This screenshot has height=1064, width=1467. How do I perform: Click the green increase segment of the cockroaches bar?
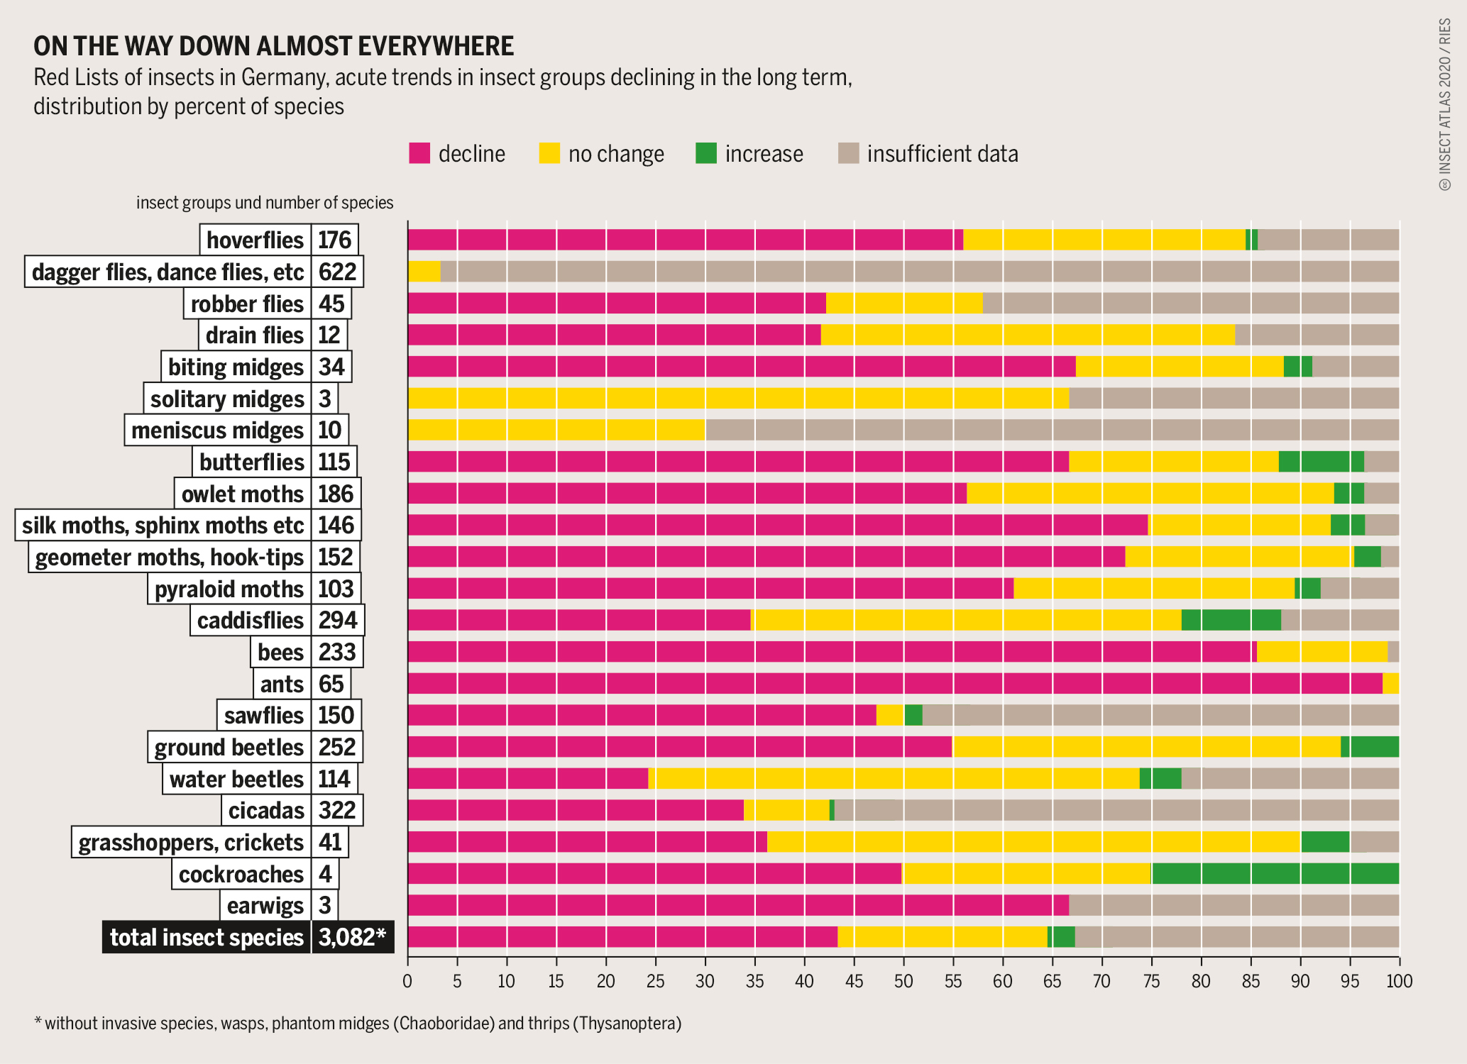point(1275,874)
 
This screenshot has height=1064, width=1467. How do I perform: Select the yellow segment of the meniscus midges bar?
point(556,430)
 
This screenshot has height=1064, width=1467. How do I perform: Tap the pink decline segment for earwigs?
point(738,906)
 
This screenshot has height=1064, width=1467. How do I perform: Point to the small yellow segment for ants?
point(1391,684)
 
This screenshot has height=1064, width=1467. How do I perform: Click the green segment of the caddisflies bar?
point(1231,620)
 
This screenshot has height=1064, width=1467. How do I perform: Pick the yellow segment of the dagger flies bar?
point(424,272)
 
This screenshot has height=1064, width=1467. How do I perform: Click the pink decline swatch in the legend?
point(419,153)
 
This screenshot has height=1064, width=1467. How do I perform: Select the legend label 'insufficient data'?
point(943,154)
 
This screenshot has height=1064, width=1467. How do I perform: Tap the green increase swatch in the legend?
point(706,153)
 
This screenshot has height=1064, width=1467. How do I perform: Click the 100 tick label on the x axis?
point(1399,981)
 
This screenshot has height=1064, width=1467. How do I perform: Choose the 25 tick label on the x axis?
point(656,981)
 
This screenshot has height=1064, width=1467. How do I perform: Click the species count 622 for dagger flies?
point(337,272)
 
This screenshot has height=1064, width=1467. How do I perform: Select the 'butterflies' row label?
point(251,462)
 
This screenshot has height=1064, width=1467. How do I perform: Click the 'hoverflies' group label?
point(255,240)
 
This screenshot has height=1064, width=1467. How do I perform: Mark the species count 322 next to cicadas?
point(337,810)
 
